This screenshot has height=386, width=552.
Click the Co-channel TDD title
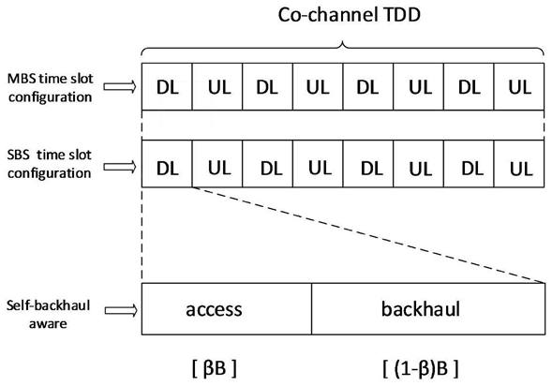350,15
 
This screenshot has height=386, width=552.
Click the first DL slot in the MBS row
167,86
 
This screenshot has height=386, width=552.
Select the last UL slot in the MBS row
519,86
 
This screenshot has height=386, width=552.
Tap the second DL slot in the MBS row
267,86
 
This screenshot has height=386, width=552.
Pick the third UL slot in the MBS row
419,86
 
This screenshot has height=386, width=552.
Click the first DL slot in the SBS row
167,164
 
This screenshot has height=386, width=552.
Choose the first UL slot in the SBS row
217,164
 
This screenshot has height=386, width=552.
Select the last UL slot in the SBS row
519,164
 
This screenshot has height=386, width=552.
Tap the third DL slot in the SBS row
368,164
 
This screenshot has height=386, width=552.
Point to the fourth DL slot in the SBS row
469,164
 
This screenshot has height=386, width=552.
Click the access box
227,308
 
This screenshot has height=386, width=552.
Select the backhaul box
428,308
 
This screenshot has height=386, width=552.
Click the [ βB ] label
215,368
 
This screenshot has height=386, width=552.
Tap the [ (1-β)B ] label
421,368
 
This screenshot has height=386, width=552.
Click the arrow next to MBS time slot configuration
120,86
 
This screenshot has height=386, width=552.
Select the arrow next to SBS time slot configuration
120,167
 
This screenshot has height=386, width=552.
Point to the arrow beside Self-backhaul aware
121,310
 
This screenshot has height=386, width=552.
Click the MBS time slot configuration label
50,88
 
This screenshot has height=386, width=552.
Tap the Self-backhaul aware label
48,314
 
